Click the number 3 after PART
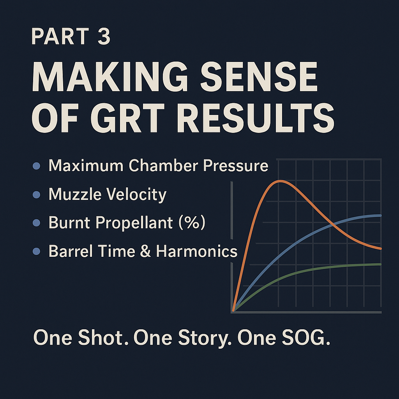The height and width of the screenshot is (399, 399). (104, 36)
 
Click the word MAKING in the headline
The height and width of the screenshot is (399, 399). (109, 76)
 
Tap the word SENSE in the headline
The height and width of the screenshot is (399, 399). (259, 76)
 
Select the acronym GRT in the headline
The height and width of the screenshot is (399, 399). (127, 118)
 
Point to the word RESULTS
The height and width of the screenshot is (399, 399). (256, 118)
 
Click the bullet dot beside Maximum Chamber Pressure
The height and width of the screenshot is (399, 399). (36, 166)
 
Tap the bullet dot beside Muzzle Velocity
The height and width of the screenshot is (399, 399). (36, 195)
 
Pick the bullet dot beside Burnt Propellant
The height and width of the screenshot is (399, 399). (36, 223)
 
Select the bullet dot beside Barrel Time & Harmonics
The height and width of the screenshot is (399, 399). (36, 251)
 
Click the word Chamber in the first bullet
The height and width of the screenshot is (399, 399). (164, 166)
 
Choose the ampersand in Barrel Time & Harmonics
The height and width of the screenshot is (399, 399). (145, 251)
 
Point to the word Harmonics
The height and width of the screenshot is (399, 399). (196, 251)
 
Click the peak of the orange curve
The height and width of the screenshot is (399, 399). (280, 181)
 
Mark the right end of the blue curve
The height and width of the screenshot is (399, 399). (380, 215)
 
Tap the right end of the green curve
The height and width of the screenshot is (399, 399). (380, 265)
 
